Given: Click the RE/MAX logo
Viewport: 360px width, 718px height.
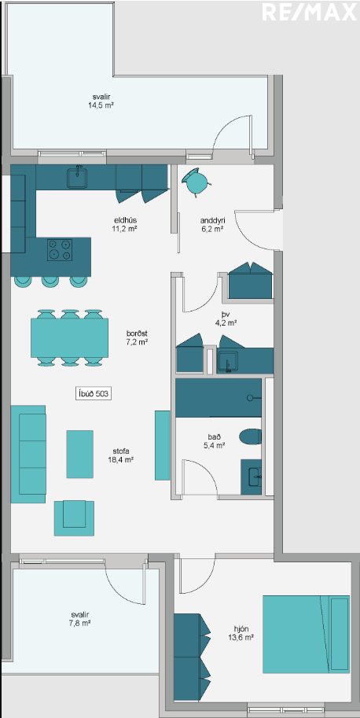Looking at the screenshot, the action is tap(309, 12).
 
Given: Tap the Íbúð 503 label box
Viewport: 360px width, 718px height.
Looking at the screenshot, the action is tap(94, 394).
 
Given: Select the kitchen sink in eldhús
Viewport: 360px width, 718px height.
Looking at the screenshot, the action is tap(79, 178).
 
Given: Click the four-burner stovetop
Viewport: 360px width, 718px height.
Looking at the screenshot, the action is tap(60, 250).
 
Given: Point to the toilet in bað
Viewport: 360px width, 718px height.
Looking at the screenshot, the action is tap(251, 436).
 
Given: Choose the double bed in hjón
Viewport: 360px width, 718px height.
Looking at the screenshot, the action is tap(306, 634).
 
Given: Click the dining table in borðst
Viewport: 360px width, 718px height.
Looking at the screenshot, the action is tap(69, 338).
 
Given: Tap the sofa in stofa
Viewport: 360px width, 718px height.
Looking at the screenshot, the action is tap(28, 454).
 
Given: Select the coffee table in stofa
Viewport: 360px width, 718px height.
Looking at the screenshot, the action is tap(80, 454).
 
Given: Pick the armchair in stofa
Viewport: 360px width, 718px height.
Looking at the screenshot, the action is tap(74, 518).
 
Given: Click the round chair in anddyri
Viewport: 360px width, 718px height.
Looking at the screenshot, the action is tap(197, 182).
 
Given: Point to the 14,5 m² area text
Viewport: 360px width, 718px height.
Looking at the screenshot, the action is tap(101, 105).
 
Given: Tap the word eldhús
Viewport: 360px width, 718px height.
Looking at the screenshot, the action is tap(123, 219).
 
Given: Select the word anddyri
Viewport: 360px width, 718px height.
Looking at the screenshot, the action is tap(211, 219).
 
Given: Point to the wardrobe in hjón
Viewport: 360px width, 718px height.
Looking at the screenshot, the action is tap(192, 657).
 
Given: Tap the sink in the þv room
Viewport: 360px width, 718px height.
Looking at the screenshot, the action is tap(227, 362).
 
